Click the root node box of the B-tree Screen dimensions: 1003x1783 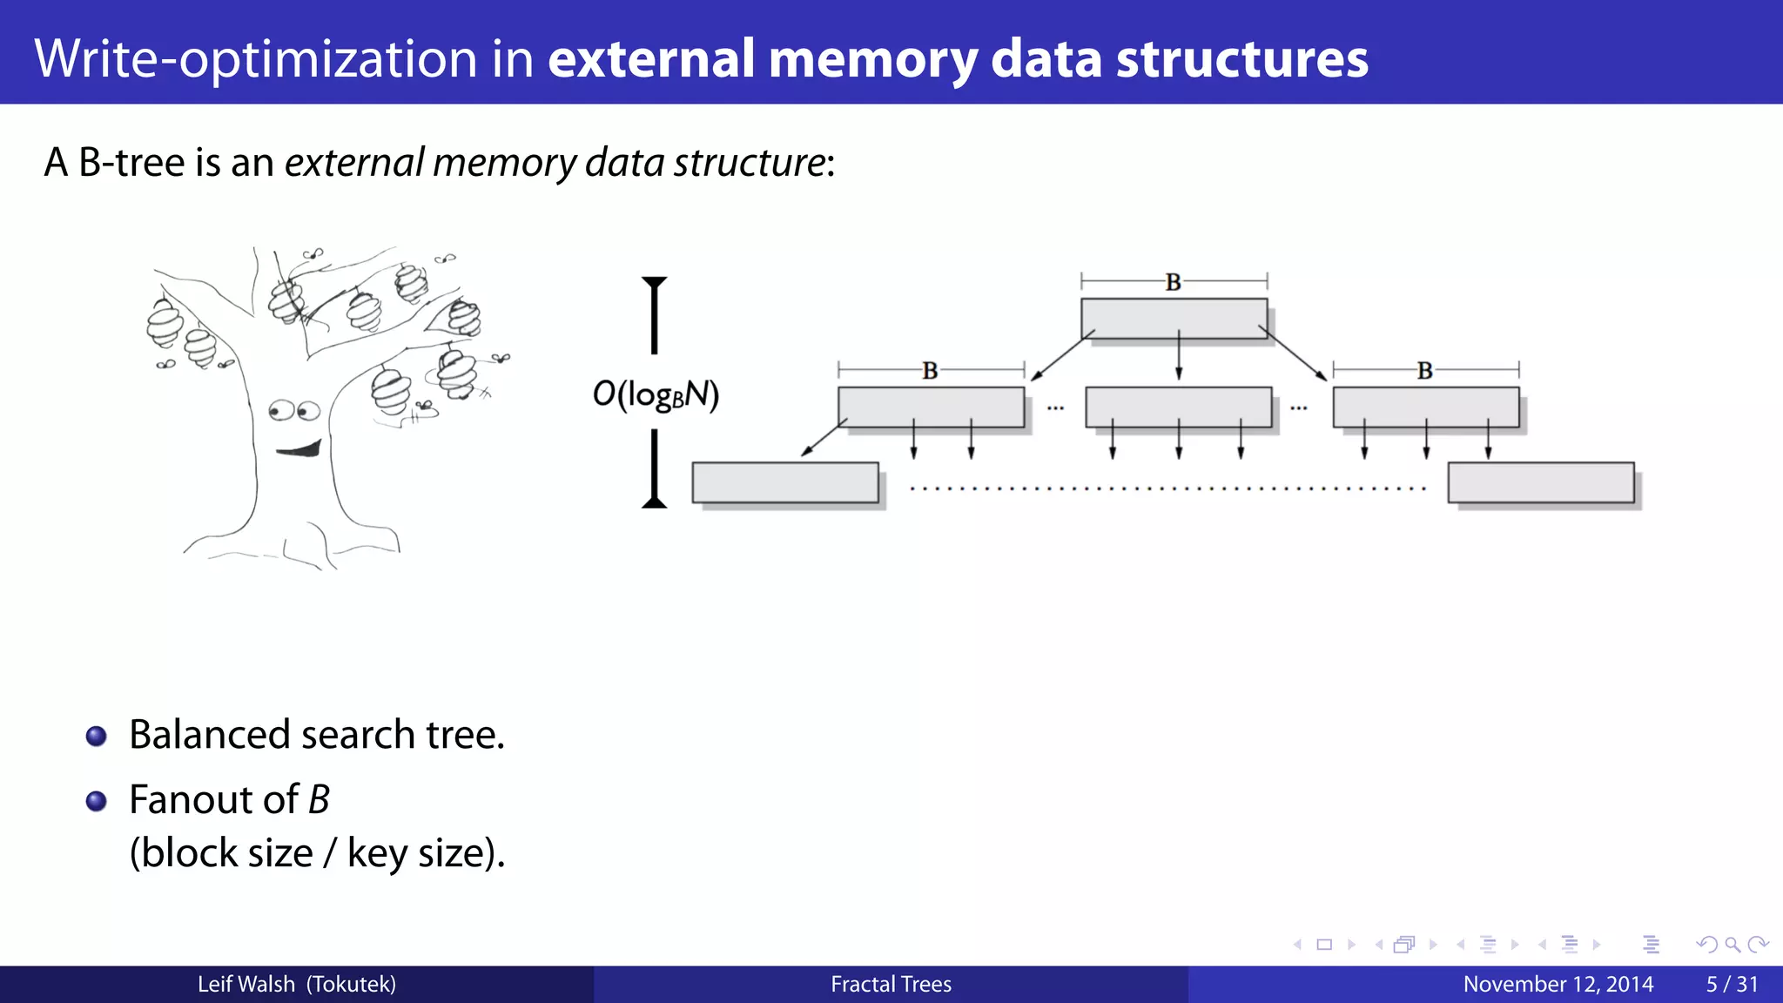pyautogui.click(x=1174, y=318)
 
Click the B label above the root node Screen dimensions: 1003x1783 pyautogui.click(x=1173, y=282)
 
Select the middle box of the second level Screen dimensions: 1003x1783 pyautogui.click(x=1178, y=407)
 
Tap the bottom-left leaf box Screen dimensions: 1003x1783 pyautogui.click(x=784, y=482)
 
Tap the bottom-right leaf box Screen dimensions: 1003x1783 pyautogui.click(x=1540, y=482)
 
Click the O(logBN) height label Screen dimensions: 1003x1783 pyautogui.click(x=656, y=394)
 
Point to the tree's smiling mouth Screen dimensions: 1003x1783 pyautogui.click(x=299, y=449)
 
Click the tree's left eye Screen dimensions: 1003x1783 pyautogui.click(x=280, y=410)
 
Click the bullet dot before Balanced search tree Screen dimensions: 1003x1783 pyautogui.click(x=97, y=737)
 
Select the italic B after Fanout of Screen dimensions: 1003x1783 pyautogui.click(x=319, y=799)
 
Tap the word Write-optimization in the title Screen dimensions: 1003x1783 pyautogui.click(x=256, y=58)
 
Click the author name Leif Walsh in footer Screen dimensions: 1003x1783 pyautogui.click(x=246, y=984)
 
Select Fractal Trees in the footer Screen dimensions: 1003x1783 pyautogui.click(x=891, y=984)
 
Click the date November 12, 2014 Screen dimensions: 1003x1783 pyautogui.click(x=1558, y=984)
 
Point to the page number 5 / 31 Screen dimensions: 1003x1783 pyautogui.click(x=1732, y=984)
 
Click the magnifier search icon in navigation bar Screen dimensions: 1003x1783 pyautogui.click(x=1732, y=945)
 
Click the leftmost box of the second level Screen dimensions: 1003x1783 pyautogui.click(x=931, y=407)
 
